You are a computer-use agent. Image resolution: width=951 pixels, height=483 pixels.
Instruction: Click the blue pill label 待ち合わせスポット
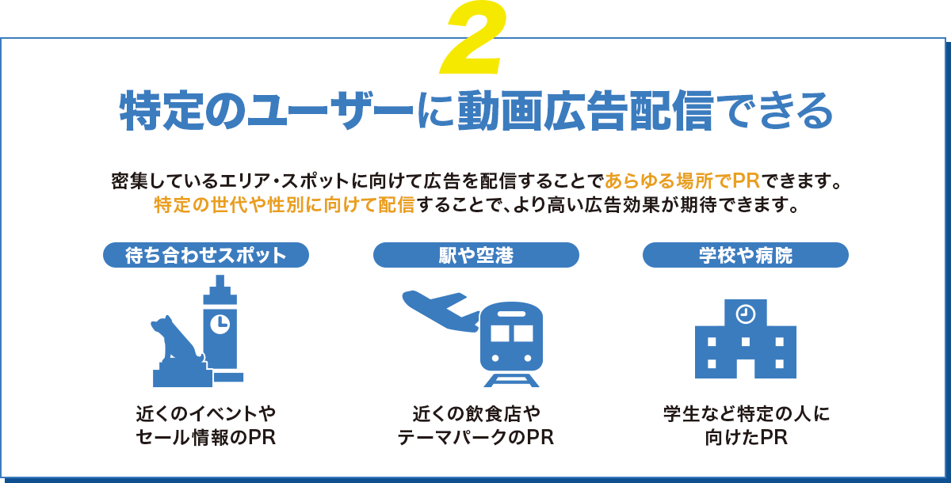[x=205, y=255]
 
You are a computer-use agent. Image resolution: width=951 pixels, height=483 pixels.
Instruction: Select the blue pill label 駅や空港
[x=475, y=255]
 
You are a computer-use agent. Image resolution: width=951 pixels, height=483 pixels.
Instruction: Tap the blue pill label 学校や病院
[x=745, y=255]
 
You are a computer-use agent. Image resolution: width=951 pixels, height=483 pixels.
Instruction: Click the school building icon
[x=745, y=340]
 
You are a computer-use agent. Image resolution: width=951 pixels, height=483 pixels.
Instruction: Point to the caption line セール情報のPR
[x=205, y=438]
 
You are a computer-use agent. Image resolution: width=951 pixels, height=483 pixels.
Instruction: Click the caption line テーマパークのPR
[x=475, y=438]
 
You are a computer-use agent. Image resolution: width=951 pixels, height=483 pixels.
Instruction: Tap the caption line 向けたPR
[x=745, y=438]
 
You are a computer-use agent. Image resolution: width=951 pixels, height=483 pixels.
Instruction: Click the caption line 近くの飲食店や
[x=475, y=413]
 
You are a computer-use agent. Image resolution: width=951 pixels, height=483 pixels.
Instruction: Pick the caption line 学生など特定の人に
[x=745, y=413]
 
